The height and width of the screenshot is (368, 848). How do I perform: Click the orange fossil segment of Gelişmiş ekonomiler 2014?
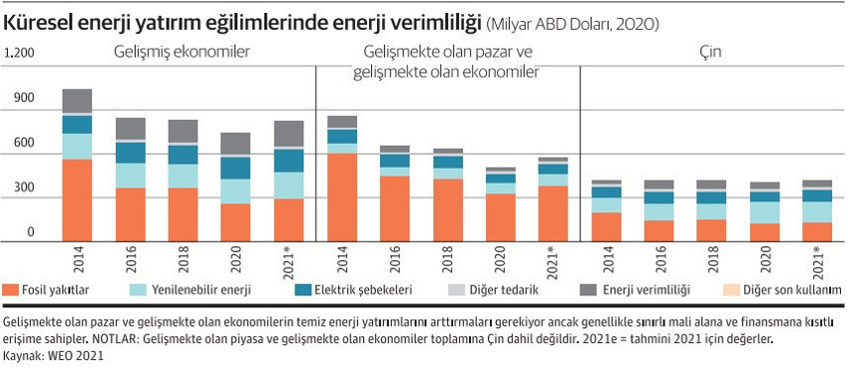(x=77, y=199)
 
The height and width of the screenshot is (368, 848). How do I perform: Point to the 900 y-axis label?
(x=25, y=99)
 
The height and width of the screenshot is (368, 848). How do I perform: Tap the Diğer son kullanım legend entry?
(x=779, y=290)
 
